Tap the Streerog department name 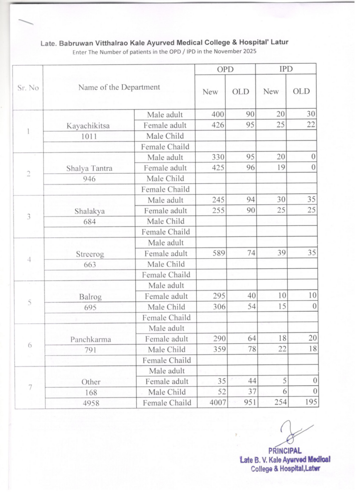pyautogui.click(x=90, y=254)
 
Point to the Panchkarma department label pyautogui.click(x=90, y=339)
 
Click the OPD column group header pyautogui.click(x=225, y=70)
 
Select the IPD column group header pyautogui.click(x=286, y=70)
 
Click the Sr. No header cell pyautogui.click(x=28, y=87)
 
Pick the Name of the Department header pyautogui.click(x=119, y=87)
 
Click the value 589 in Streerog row pyautogui.click(x=219, y=254)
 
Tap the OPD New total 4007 pyautogui.click(x=218, y=403)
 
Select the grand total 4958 pyautogui.click(x=90, y=403)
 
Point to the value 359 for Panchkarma pyautogui.click(x=219, y=349)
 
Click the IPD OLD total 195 pyautogui.click(x=307, y=403)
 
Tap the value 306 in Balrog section pyautogui.click(x=219, y=307)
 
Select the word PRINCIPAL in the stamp pyautogui.click(x=285, y=451)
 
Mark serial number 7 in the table pyautogui.click(x=29, y=387)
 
